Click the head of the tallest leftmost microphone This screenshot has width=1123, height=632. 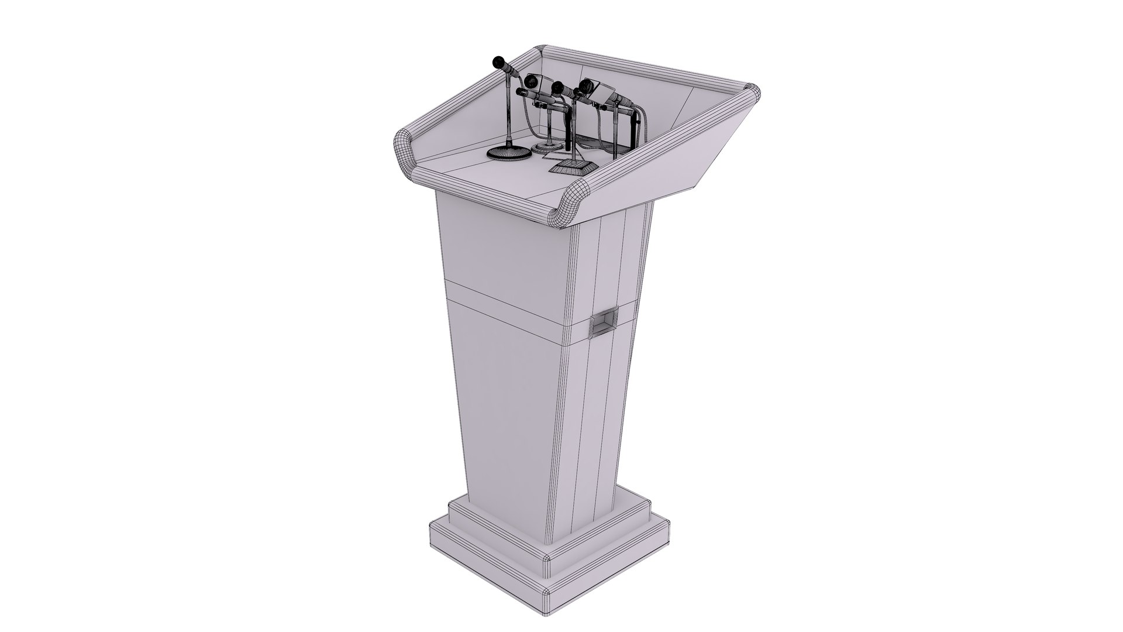[90, 61]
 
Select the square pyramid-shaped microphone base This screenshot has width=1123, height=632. [573, 167]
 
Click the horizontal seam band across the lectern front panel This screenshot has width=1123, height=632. [503, 291]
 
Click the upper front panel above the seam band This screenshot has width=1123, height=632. [503, 240]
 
